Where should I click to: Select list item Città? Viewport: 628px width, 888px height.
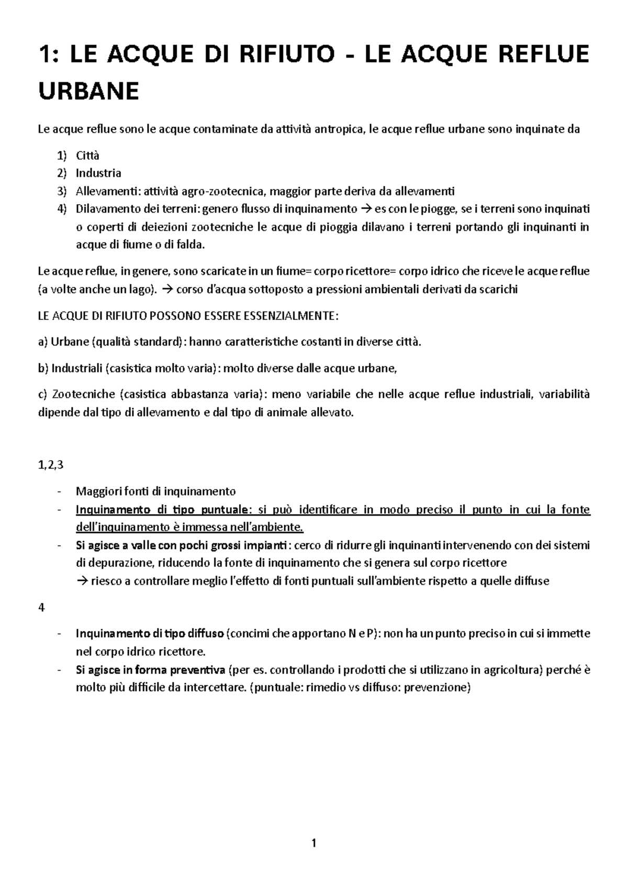tap(87, 156)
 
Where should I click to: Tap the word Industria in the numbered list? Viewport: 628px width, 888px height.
tap(98, 173)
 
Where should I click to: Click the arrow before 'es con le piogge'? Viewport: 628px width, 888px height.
tap(366, 209)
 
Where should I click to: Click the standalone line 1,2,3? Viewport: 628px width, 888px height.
tap(51, 465)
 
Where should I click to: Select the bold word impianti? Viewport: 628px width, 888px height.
tap(267, 545)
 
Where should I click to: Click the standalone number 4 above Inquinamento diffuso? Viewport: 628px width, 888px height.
tap(42, 607)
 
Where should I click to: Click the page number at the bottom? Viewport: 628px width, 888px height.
tap(313, 843)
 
